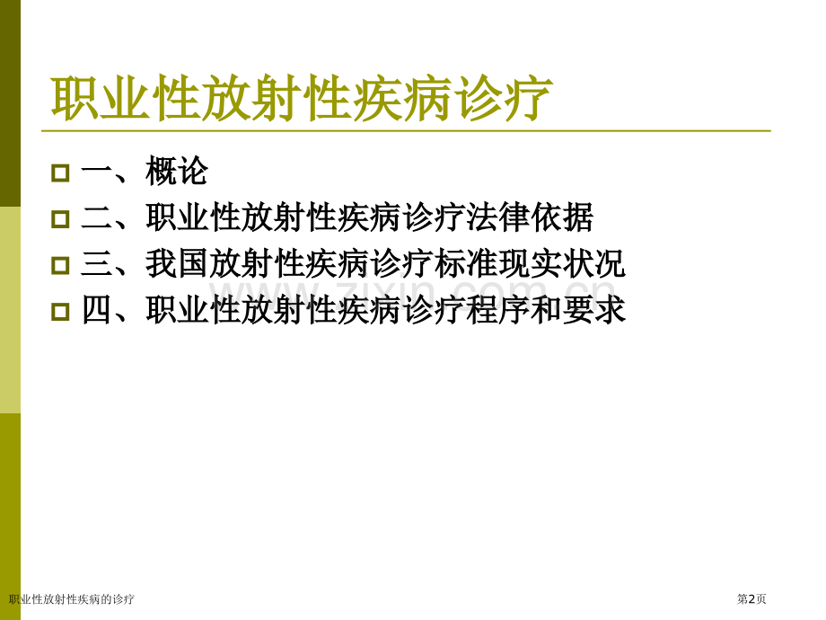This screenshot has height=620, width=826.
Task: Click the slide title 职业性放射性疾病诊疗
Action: pos(302,100)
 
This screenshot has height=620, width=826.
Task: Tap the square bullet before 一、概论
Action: pos(60,173)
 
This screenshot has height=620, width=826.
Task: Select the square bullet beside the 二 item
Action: pos(60,218)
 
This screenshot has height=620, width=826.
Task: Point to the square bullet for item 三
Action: pos(60,265)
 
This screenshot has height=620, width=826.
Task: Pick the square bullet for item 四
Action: pos(60,312)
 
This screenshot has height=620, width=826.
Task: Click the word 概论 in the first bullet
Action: pos(177,172)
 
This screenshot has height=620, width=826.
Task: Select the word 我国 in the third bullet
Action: pos(177,264)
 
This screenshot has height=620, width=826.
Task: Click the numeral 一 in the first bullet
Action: pos(96,172)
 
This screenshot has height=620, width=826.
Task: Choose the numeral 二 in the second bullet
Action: pos(96,217)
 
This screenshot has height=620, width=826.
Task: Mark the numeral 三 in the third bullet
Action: pos(96,264)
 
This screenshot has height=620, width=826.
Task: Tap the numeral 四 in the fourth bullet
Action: pos(96,311)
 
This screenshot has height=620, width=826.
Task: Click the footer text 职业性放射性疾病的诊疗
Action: pos(72,599)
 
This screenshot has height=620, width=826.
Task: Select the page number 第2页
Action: pos(751,599)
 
